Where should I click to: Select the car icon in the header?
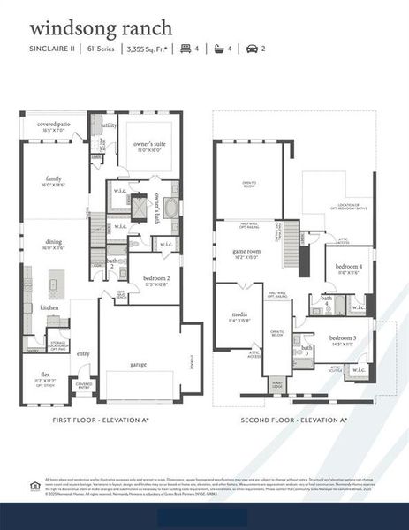click(x=253, y=49)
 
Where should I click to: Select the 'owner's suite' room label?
click(x=149, y=143)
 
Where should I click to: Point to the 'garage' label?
click(x=138, y=364)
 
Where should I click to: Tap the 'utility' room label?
click(x=109, y=125)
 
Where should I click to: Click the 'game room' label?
click(x=246, y=251)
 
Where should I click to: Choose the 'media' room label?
click(x=239, y=314)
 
